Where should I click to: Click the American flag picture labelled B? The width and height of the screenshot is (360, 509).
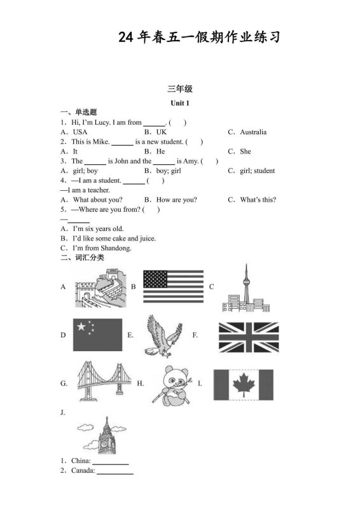tap(173, 286)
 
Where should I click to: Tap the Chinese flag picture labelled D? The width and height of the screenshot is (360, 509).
tap(97, 334)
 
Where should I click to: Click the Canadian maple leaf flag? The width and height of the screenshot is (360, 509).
tap(243, 385)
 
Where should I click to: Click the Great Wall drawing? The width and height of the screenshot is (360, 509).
tap(100, 287)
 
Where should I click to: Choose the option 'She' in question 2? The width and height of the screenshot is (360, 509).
tap(246, 151)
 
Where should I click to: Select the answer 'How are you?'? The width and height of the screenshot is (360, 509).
tap(176, 200)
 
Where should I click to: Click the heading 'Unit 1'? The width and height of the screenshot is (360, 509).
tap(180, 103)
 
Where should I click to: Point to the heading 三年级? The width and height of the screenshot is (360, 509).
tap(180, 89)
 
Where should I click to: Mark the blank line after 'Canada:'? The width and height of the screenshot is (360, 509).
tap(115, 472)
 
